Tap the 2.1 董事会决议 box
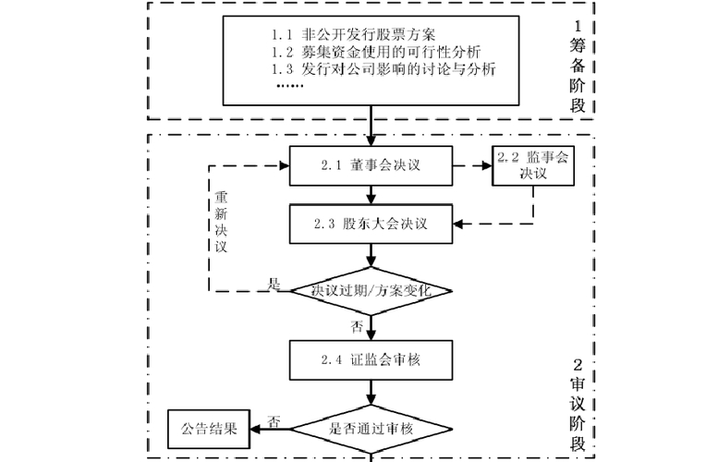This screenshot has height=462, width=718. tap(371, 166)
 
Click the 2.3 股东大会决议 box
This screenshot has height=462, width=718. tap(371, 224)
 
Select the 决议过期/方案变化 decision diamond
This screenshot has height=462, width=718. tap(371, 291)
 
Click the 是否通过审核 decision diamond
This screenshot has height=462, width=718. tap(371, 429)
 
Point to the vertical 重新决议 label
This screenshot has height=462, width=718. tap(221, 223)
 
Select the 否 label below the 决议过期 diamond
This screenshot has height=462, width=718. tap(356, 326)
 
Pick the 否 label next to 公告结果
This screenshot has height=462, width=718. tap(274, 420)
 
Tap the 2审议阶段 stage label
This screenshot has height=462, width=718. tap(577, 407)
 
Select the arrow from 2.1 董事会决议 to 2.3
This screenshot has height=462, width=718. tap(371, 194)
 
